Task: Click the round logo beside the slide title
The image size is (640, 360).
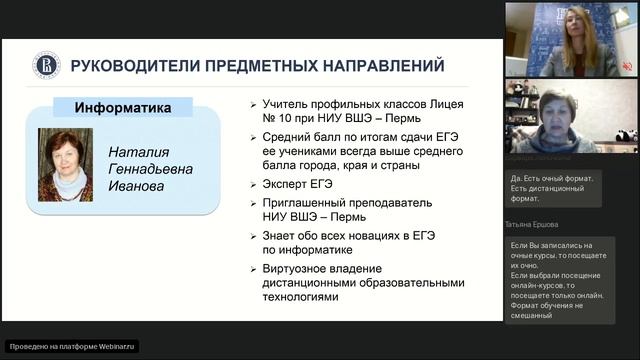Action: coord(46,65)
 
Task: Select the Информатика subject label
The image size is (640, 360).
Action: coord(123,107)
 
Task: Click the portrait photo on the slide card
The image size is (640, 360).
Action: coord(66,164)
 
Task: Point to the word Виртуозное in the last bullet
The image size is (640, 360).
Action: coord(301,268)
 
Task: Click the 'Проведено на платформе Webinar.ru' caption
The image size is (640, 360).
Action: coord(71,346)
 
